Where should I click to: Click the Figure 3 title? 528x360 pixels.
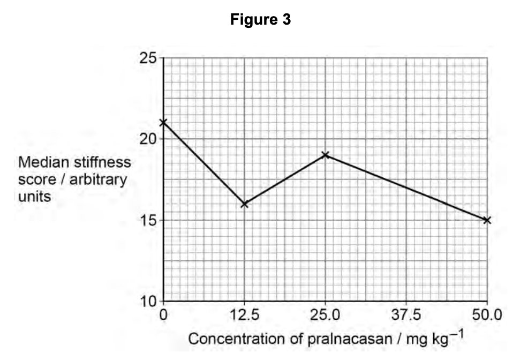[x=261, y=20]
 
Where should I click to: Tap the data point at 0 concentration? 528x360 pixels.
[x=163, y=123]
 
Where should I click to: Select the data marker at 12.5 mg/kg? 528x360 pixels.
[x=244, y=204]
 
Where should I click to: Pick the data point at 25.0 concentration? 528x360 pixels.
[x=325, y=155]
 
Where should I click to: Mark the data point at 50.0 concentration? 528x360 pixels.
[x=487, y=220]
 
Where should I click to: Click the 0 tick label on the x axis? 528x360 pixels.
[x=163, y=314]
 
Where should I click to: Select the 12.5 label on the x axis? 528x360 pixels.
[x=244, y=314]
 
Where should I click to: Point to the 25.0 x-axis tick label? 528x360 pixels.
[x=325, y=314]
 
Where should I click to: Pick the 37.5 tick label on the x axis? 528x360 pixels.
[x=406, y=314]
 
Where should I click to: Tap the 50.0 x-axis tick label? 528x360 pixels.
[x=487, y=314]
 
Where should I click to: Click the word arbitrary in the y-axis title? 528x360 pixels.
[x=98, y=178]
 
